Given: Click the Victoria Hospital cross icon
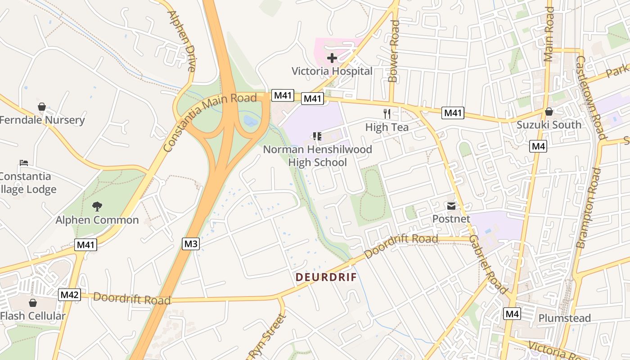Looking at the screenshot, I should point(332,58).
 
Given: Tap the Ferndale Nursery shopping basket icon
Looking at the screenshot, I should point(42,107).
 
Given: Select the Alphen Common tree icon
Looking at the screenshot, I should point(97,207).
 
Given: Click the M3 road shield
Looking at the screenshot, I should point(191,244).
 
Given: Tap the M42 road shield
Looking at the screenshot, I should point(70,295).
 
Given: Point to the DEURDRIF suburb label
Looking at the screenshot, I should point(326,277).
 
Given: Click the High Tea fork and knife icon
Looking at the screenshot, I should point(387,113).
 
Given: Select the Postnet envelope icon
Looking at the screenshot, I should point(451,206).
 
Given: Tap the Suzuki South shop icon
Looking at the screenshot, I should point(549,112).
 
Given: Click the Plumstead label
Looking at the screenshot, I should point(564,318).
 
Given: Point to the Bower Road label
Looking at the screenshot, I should point(394,51).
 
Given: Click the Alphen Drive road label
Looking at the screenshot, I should point(182,40).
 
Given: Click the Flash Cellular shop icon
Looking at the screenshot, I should point(32,303).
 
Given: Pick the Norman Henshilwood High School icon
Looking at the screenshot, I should point(317,136).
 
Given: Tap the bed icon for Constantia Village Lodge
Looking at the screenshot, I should point(24,162).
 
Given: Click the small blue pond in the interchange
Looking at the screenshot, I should point(250,120).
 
